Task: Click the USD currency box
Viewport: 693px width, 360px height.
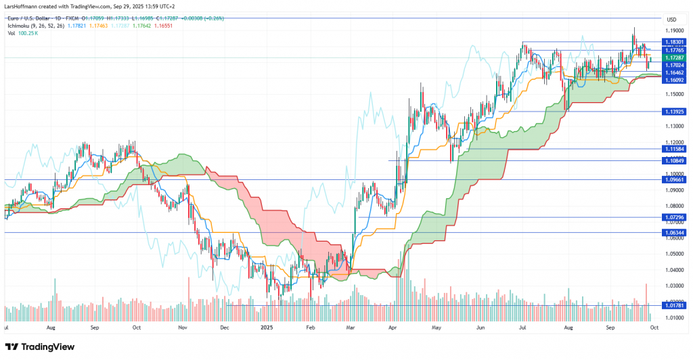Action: (x=671, y=20)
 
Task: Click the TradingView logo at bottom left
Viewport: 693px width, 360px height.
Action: (x=42, y=346)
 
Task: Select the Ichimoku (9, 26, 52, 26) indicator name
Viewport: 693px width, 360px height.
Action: (x=36, y=25)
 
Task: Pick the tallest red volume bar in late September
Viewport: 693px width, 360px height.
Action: (x=646, y=302)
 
